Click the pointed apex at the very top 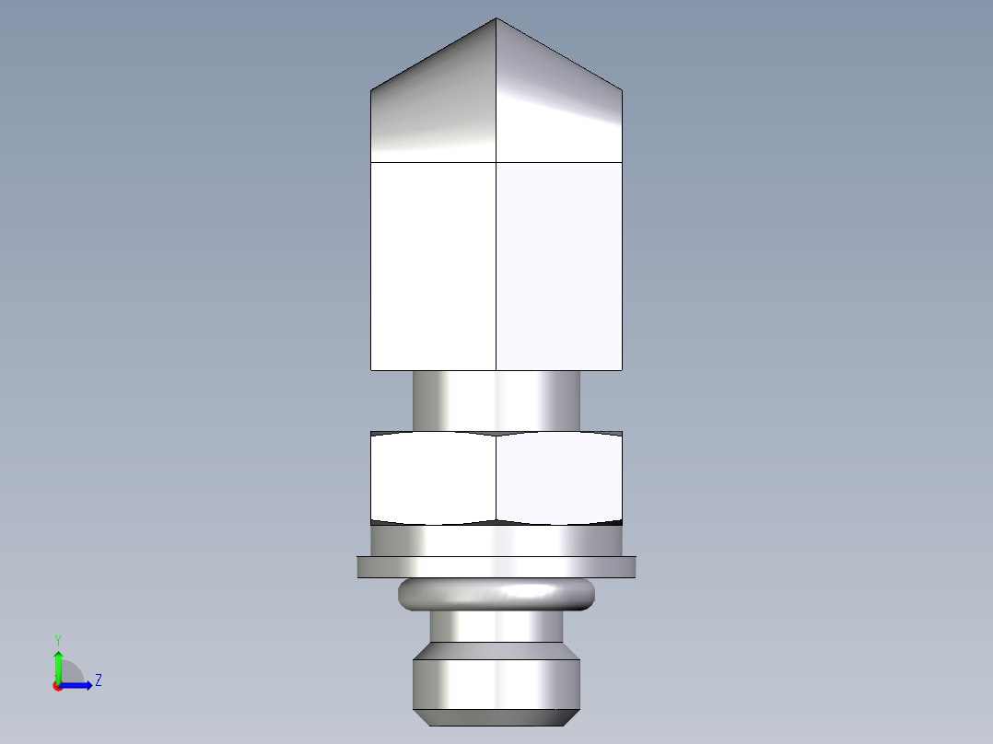(496, 19)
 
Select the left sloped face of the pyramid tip (433, 110)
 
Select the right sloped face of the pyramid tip (559, 110)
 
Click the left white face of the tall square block (433, 267)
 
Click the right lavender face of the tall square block (559, 267)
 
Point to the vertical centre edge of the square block (496, 267)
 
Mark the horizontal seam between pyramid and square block (433, 163)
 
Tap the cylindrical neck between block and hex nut (496, 401)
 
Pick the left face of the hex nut (433, 477)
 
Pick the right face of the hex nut (559, 477)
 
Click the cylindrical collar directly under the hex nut (496, 541)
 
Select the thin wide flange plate (496, 567)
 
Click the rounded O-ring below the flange (496, 595)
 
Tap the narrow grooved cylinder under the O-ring (496, 627)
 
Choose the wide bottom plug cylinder (496, 681)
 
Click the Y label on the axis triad (57, 639)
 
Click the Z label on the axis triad (98, 680)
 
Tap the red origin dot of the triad (57, 686)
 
